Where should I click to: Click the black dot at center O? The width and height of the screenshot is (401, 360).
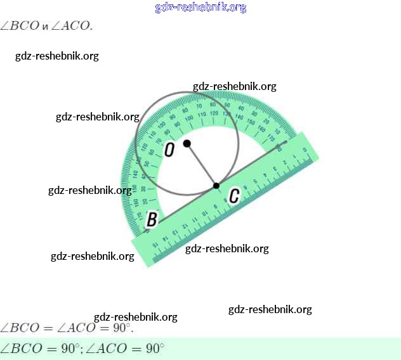tap(187, 143)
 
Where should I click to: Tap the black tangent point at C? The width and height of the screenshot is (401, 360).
tap(216, 186)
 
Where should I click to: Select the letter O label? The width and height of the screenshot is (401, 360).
tap(169, 150)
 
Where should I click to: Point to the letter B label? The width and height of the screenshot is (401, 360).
tap(152, 219)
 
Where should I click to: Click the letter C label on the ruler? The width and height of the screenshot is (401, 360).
tap(233, 196)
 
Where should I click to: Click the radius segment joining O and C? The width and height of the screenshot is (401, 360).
tap(202, 165)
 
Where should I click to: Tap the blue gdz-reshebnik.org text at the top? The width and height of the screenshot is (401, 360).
tap(201, 8)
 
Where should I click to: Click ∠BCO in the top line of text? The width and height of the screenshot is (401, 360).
tap(20, 26)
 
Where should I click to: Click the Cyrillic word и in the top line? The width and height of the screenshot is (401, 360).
tap(46, 27)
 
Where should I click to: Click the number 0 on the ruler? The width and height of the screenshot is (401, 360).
tap(305, 150)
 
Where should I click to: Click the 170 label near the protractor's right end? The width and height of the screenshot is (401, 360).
tap(271, 138)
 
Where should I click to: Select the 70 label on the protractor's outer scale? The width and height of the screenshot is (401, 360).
tap(199, 106)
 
